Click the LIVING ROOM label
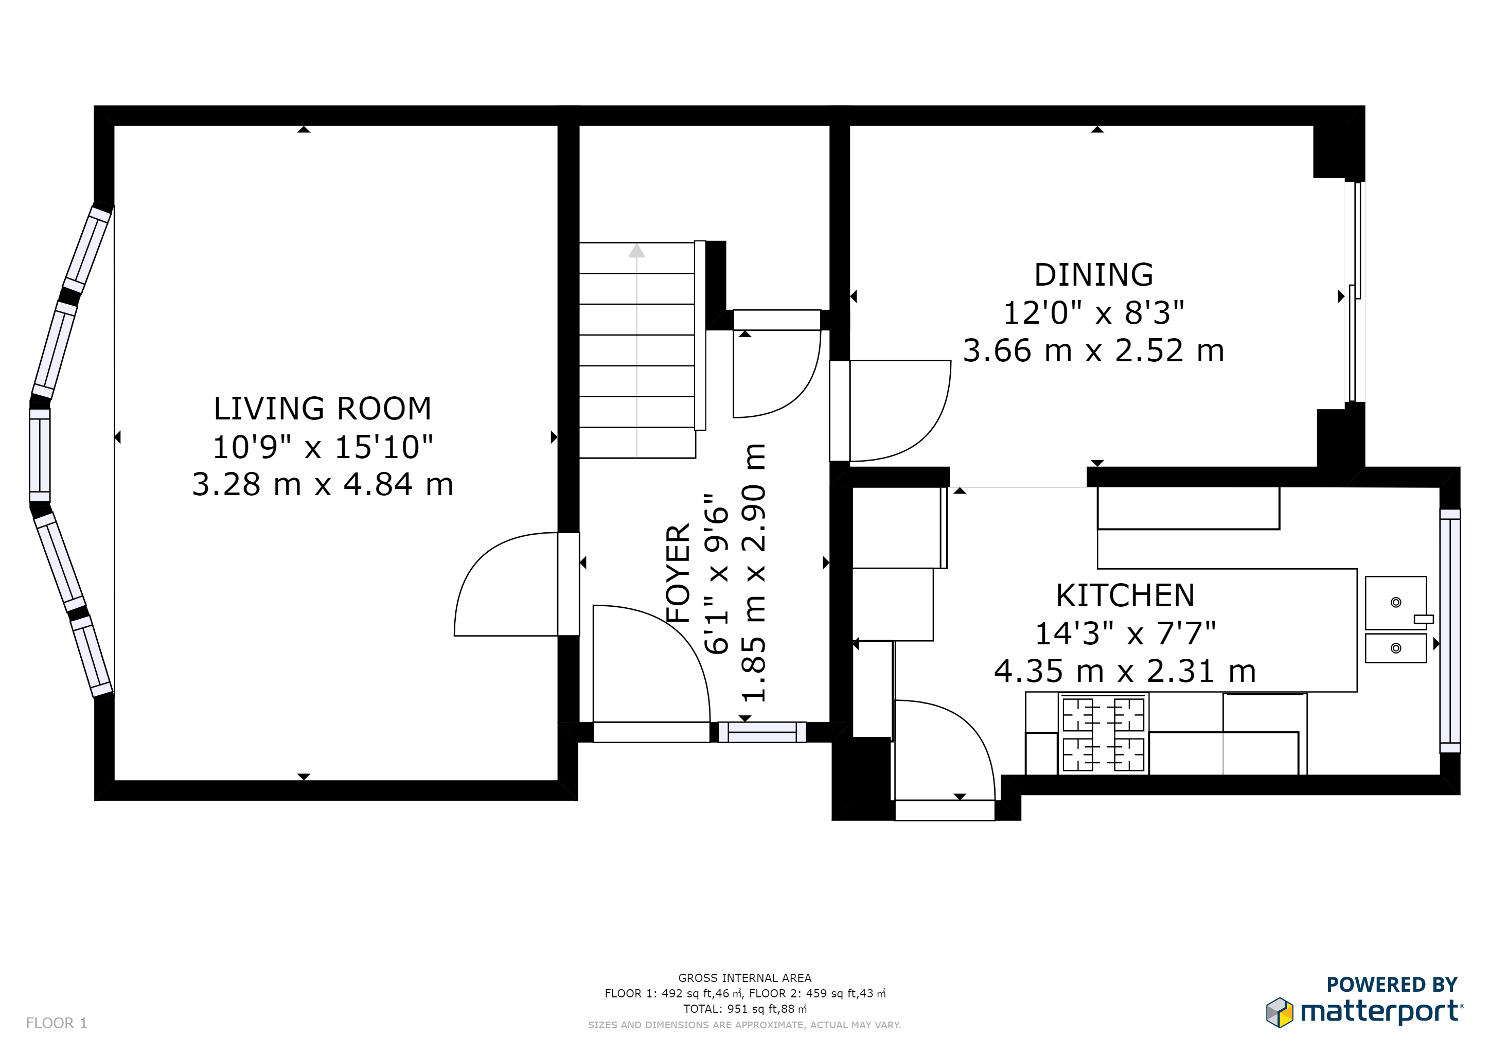(323, 409)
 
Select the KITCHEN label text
(1125, 595)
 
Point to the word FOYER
(678, 574)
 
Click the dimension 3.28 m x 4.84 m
(323, 484)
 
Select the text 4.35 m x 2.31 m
(1125, 671)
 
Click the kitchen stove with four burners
(1103, 734)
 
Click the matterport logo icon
(1279, 1012)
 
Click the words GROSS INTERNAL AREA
(744, 978)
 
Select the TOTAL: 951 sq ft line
(744, 1009)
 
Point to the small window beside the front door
(762, 732)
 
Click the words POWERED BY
(1392, 985)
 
